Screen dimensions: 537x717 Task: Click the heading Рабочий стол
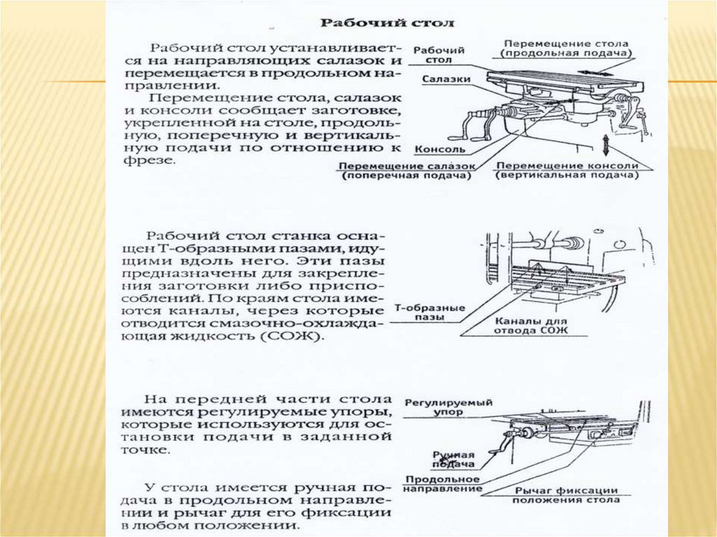point(387,22)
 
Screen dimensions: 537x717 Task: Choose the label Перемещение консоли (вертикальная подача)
point(568,172)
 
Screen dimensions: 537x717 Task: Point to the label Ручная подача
point(453,459)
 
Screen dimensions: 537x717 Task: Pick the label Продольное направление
point(443,484)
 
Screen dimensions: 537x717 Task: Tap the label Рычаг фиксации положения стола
point(566,495)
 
